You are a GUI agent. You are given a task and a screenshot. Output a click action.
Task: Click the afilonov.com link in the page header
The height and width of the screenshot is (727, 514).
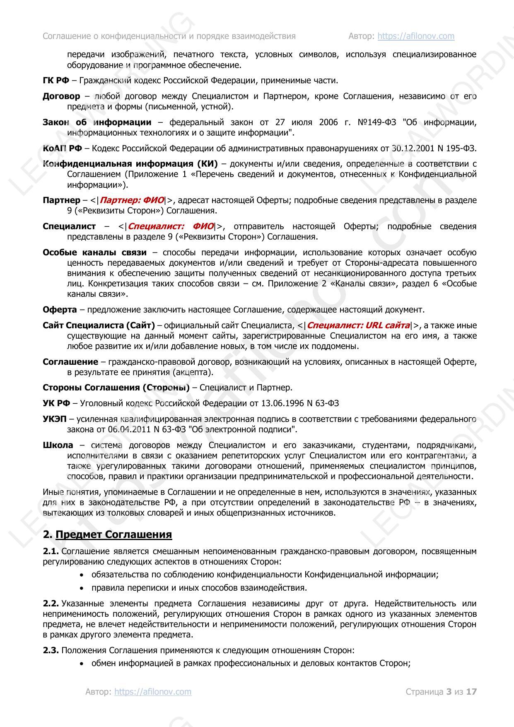pyautogui.click(x=416, y=36)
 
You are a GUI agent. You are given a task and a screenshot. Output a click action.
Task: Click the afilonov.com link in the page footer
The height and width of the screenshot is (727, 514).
pyautogui.click(x=153, y=691)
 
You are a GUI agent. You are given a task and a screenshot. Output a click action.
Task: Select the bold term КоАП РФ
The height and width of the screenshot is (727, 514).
pyautogui.click(x=62, y=148)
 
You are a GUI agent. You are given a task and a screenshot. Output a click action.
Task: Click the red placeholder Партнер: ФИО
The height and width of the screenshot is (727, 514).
pyautogui.click(x=132, y=200)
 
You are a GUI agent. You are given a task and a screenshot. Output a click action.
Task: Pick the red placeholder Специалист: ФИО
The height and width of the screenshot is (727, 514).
pyautogui.click(x=171, y=226)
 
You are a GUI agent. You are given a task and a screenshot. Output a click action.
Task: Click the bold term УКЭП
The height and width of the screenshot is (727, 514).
pyautogui.click(x=54, y=419)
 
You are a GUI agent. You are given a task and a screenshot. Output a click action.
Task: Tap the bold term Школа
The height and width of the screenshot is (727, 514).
pyautogui.click(x=58, y=445)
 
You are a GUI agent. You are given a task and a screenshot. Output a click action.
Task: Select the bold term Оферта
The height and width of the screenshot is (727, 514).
pyautogui.click(x=60, y=310)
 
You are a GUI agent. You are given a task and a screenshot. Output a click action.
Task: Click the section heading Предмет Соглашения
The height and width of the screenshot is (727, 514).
pyautogui.click(x=113, y=534)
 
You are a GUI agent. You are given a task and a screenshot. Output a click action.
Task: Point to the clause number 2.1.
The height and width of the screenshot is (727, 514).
pyautogui.click(x=51, y=551)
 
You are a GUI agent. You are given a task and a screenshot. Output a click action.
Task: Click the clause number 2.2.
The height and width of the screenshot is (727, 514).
pyautogui.click(x=51, y=603)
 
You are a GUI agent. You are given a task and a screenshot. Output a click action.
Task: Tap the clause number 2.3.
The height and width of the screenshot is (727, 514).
pyautogui.click(x=51, y=650)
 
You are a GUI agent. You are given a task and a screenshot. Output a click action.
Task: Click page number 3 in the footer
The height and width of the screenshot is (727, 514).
pyautogui.click(x=449, y=691)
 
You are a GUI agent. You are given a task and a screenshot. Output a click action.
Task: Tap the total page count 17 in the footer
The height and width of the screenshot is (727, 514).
pyautogui.click(x=471, y=691)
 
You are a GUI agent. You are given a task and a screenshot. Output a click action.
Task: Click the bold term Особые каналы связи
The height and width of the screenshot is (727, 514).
pyautogui.click(x=94, y=252)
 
